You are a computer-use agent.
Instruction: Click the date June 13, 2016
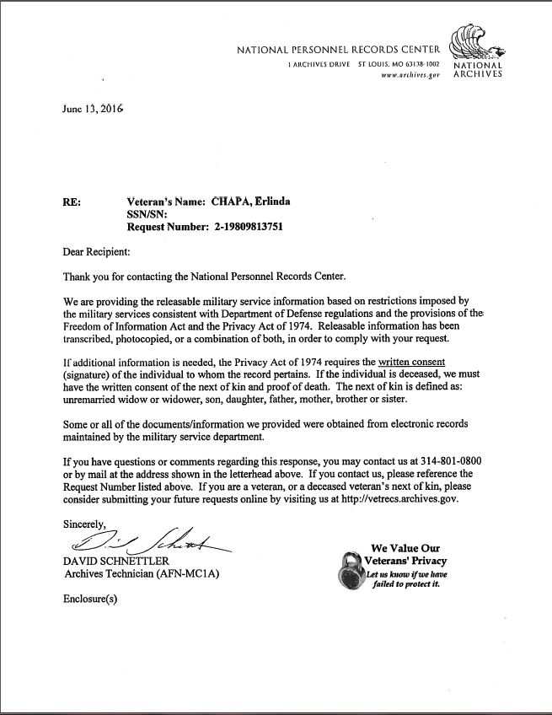94,110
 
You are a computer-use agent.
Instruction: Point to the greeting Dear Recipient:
97,251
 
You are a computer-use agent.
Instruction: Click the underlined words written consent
411,362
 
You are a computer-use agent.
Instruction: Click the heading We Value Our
405,548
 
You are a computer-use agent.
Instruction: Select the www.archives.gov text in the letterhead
410,74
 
